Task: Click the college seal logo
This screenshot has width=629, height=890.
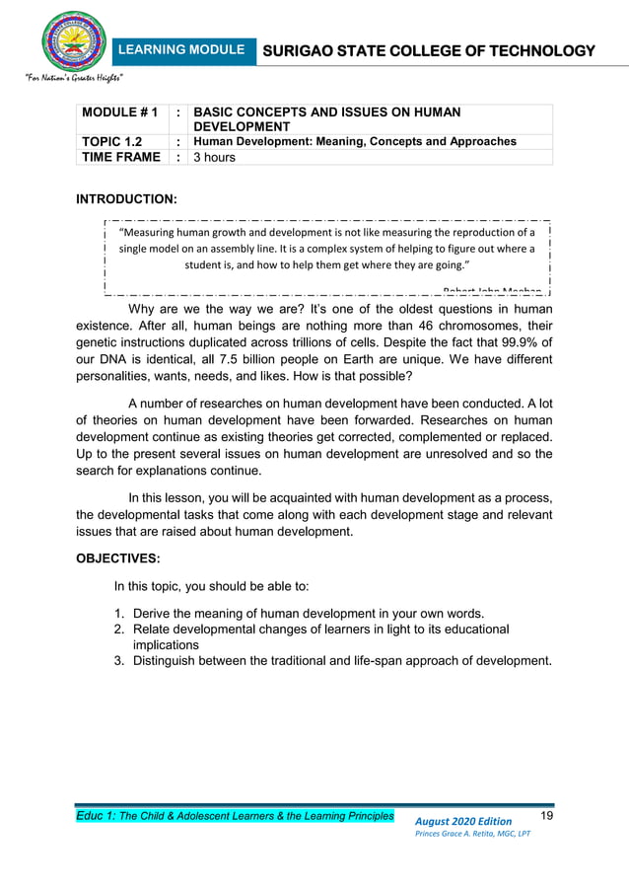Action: click(73, 39)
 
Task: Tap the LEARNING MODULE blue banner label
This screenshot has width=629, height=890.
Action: click(182, 50)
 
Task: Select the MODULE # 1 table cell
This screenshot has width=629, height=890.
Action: click(118, 113)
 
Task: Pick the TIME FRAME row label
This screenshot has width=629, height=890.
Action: click(120, 157)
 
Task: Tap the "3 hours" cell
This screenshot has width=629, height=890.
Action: click(215, 157)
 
